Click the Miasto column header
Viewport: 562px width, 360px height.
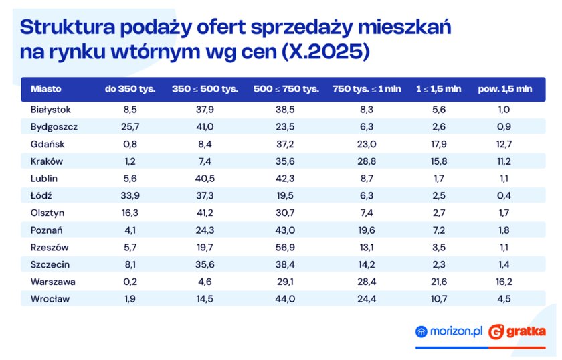pos(46,89)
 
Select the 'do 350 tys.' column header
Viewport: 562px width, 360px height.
pos(130,89)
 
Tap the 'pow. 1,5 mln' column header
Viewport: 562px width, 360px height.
pos(504,89)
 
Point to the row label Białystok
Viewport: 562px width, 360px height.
pos(51,109)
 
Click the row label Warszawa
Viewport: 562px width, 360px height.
pos(52,282)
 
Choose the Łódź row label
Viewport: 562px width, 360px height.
pos(41,195)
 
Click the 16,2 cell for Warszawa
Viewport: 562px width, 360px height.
pos(504,282)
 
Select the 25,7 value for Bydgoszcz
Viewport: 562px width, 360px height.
pos(130,126)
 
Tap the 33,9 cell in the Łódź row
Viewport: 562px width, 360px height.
pos(130,195)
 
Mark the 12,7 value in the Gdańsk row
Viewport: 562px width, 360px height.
pos(504,144)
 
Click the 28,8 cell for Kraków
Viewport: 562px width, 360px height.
pos(367,161)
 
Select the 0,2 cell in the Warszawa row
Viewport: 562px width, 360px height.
pos(130,282)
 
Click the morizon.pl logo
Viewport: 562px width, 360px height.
pos(448,331)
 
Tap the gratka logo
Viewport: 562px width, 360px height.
pos(517,331)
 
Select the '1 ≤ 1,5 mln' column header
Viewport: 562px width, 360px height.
pos(439,89)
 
